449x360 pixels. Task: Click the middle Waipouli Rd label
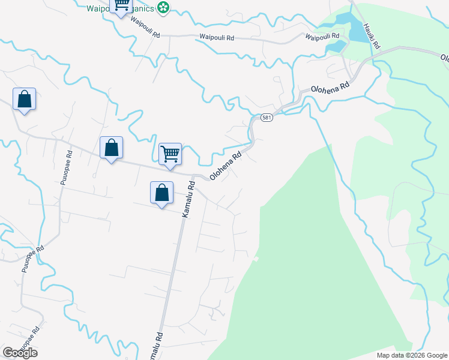pyautogui.click(x=217, y=37)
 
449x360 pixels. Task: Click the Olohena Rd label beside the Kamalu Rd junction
pyautogui.click(x=226, y=164)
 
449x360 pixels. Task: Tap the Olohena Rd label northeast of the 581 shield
pyautogui.click(x=330, y=88)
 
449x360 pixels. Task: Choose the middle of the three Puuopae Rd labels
pyautogui.click(x=33, y=259)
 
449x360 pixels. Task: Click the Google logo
pyautogui.click(x=20, y=353)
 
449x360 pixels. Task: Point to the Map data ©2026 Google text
pyautogui.click(x=411, y=355)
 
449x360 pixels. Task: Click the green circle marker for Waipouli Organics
pyautogui.click(x=163, y=8)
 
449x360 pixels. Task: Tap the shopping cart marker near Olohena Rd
pyautogui.click(x=170, y=154)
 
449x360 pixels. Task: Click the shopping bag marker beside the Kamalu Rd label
pyautogui.click(x=161, y=193)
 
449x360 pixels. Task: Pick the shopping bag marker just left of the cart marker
pyautogui.click(x=112, y=148)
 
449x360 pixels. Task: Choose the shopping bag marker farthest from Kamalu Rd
pyautogui.click(x=25, y=99)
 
